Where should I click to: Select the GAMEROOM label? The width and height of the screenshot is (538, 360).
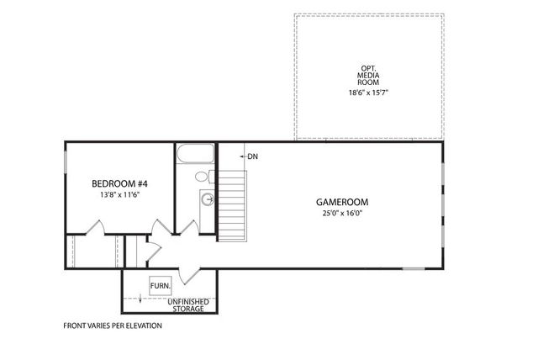pos(342,202)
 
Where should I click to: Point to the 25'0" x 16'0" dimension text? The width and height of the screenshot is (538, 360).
pos(342,213)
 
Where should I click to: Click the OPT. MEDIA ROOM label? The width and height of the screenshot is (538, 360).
pos(367,75)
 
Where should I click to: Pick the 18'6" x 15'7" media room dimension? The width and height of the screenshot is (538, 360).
pos(367,96)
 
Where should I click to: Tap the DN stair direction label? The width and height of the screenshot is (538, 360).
pos(253,156)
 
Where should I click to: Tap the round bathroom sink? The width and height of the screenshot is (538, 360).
pos(208,200)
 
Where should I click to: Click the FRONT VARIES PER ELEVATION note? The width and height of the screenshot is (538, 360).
pos(113,326)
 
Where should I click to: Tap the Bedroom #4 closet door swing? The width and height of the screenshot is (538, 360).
pos(94,228)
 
